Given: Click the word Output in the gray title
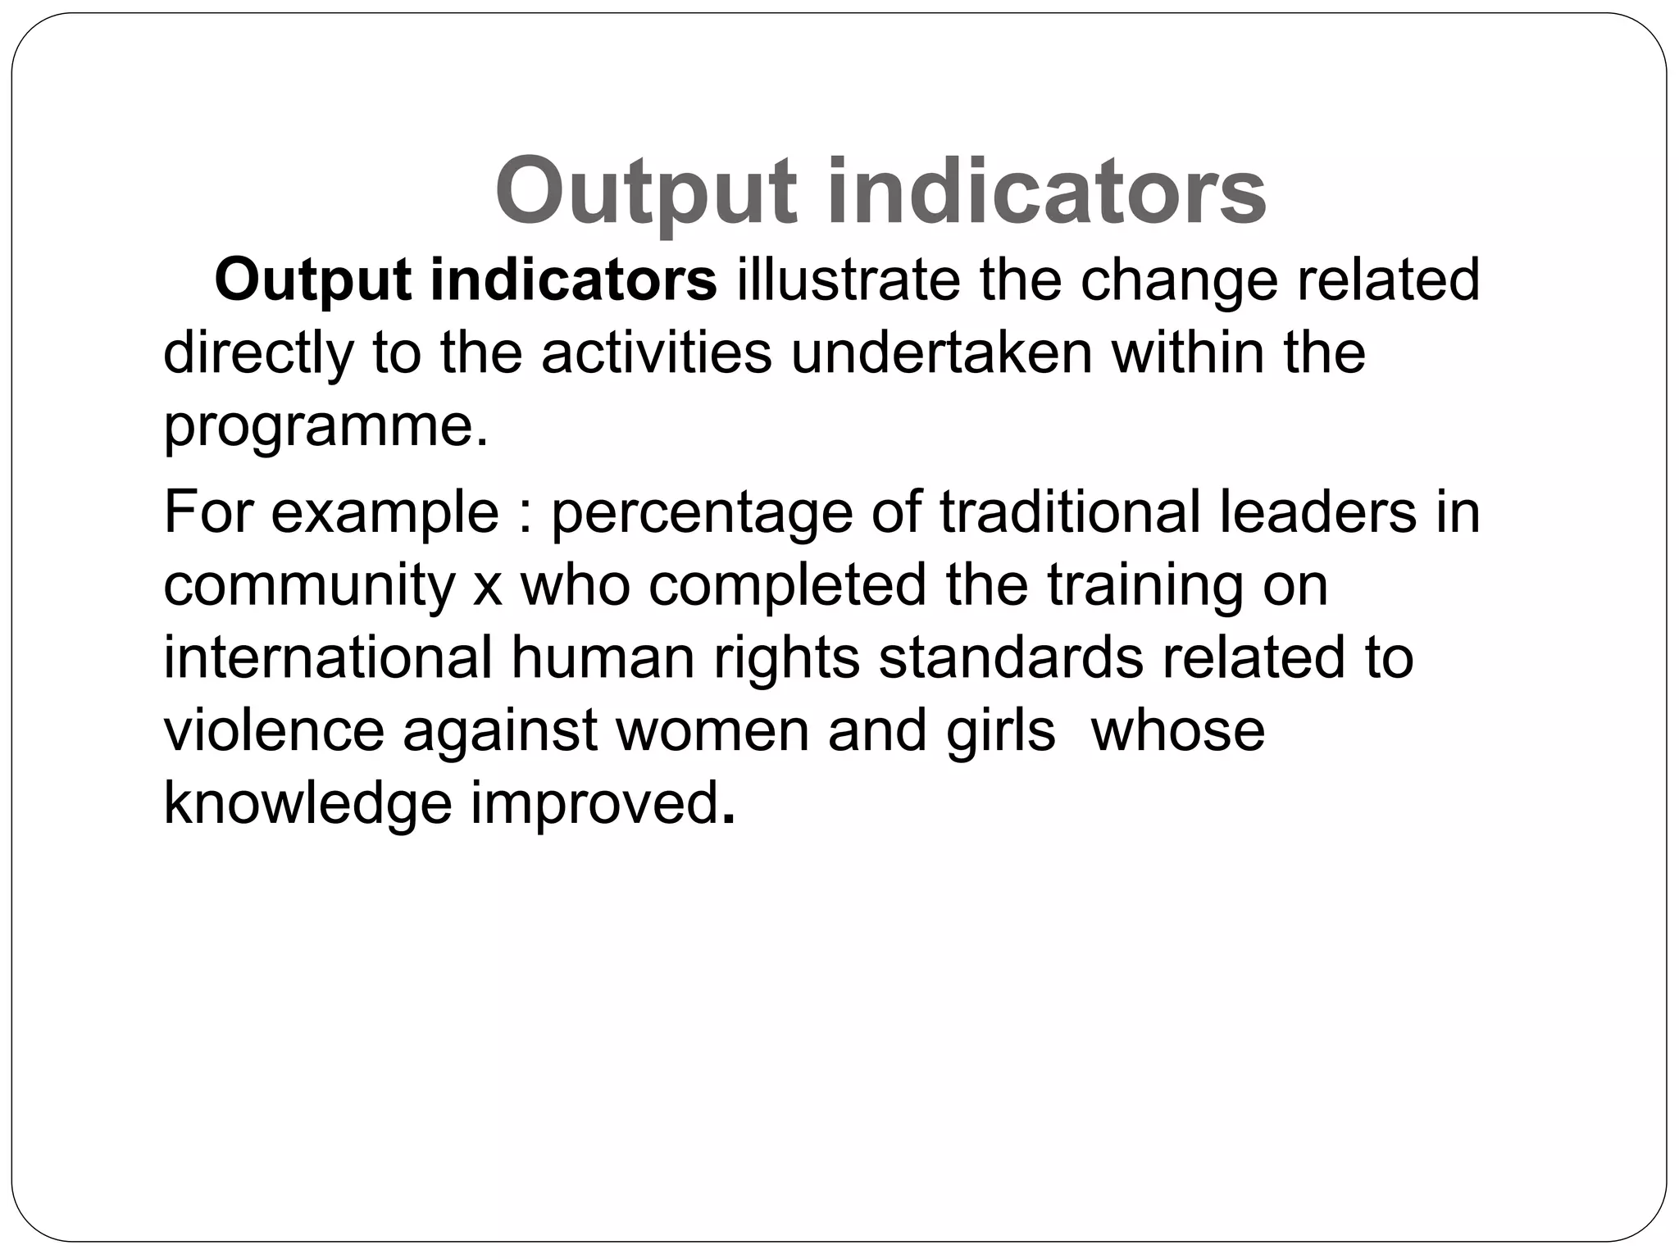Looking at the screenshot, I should pos(646,193).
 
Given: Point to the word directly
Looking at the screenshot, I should pos(258,354).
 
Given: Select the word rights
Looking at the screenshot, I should pos(786,659).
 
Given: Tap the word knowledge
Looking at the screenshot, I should pos(307,803).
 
